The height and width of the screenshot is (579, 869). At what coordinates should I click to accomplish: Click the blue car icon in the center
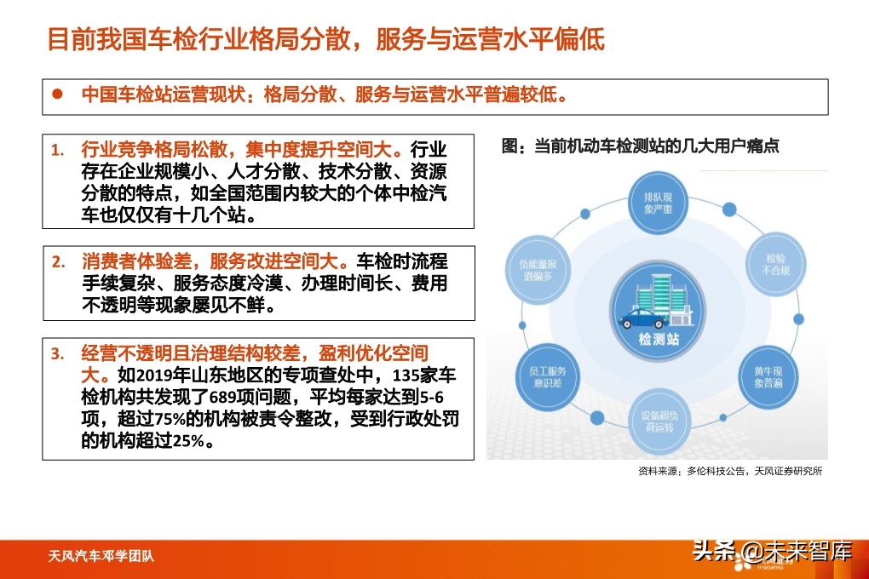click(x=642, y=319)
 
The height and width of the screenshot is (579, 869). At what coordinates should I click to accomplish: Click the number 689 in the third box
click(x=242, y=395)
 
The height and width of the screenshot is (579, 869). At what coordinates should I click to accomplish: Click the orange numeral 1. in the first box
click(x=57, y=150)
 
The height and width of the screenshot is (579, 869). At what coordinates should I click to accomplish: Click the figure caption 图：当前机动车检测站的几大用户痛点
click(x=640, y=146)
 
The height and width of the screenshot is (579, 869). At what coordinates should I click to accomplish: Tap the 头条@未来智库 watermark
click(x=772, y=551)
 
